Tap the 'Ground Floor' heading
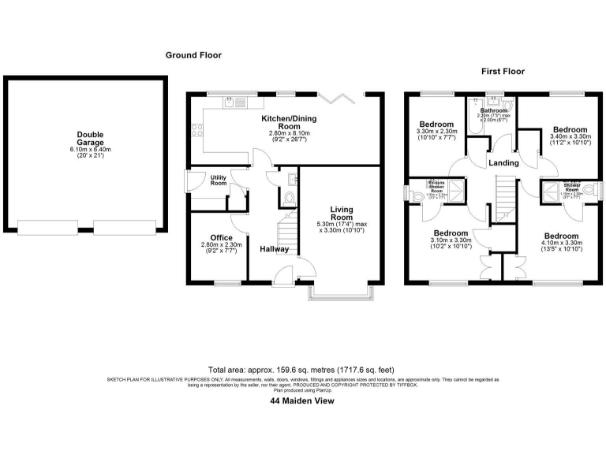pyautogui.click(x=193, y=55)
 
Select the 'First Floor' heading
pyautogui.click(x=503, y=72)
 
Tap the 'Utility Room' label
pyautogui.click(x=219, y=180)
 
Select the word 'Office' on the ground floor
pyautogui.click(x=221, y=237)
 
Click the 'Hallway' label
pyautogui.click(x=275, y=249)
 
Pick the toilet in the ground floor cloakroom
pyautogui.click(x=289, y=198)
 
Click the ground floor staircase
pyautogui.click(x=287, y=232)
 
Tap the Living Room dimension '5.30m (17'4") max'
pyautogui.click(x=341, y=224)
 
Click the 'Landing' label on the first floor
pyautogui.click(x=503, y=163)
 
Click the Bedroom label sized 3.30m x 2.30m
pyautogui.click(x=436, y=125)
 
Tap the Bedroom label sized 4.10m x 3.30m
pyautogui.click(x=561, y=236)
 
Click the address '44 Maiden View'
pyautogui.click(x=302, y=401)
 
